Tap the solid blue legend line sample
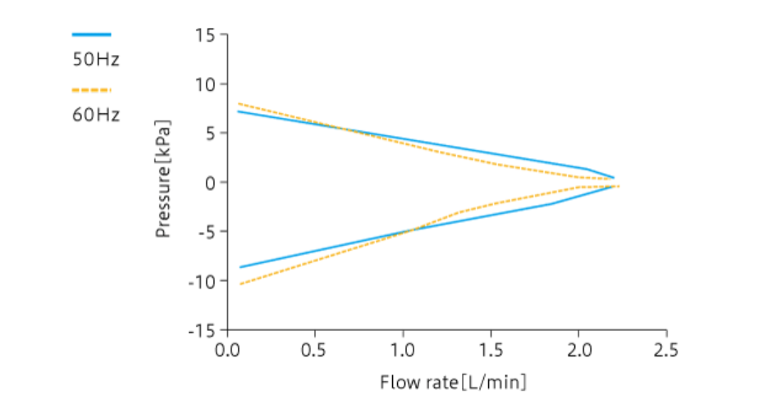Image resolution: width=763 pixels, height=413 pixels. pyautogui.click(x=91, y=34)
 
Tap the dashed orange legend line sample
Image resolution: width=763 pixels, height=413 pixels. pyautogui.click(x=91, y=89)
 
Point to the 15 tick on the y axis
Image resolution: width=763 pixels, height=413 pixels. pyautogui.click(x=205, y=35)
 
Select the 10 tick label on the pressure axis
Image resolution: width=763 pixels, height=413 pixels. pyautogui.click(x=205, y=84)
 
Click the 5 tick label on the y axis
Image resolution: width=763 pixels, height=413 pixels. pyautogui.click(x=210, y=134)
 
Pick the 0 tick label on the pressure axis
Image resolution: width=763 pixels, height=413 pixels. pyautogui.click(x=210, y=183)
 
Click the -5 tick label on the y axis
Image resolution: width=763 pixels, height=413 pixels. pyautogui.click(x=207, y=232)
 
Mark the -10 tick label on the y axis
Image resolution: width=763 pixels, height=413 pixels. pyautogui.click(x=203, y=281)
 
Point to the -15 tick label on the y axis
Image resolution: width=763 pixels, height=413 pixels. pyautogui.click(x=203, y=330)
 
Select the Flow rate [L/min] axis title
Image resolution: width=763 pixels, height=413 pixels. pyautogui.click(x=453, y=383)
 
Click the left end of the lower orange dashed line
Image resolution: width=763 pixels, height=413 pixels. pyautogui.click(x=240, y=284)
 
